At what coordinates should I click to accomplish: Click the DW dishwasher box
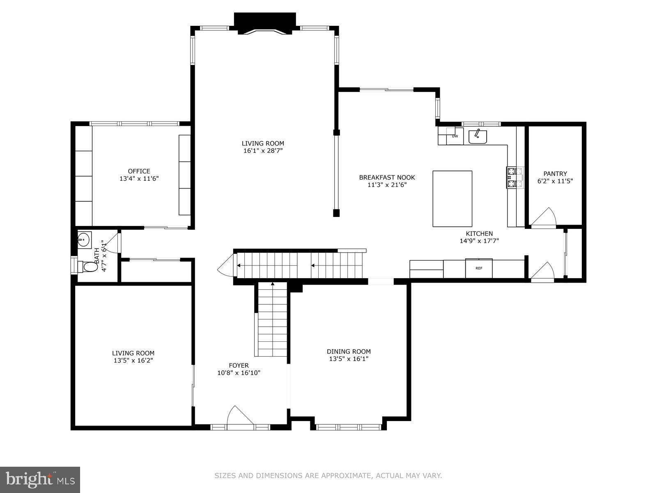[x=455, y=136]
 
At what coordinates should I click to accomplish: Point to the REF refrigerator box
[x=478, y=268]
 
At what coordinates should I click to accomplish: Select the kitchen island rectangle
[x=452, y=198]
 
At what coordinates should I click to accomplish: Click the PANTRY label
[x=555, y=174]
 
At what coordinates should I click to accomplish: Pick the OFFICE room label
[x=139, y=171]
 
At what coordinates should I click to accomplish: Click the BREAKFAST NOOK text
[x=387, y=177]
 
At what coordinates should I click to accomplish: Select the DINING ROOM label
[x=349, y=351]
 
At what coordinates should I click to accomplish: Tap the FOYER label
[x=239, y=365]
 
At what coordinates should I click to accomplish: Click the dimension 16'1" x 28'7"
[x=263, y=151]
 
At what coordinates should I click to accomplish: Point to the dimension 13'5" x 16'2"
[x=133, y=360]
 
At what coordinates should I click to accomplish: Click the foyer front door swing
[x=239, y=416]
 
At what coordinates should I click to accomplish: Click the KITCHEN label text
[x=479, y=234]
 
